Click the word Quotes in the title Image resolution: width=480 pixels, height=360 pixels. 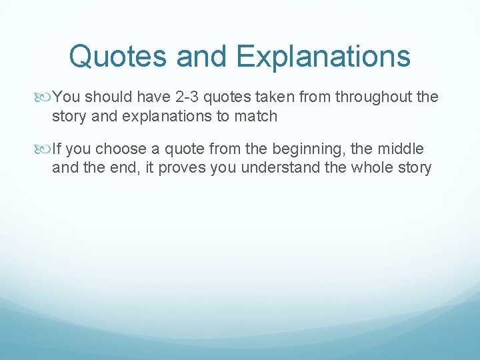click(117, 56)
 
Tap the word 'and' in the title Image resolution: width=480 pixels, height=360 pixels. click(204, 56)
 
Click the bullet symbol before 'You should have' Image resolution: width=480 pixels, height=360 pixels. click(45, 97)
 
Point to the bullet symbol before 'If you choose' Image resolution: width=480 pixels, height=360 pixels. click(45, 149)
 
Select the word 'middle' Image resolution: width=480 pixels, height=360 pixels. click(402, 149)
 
